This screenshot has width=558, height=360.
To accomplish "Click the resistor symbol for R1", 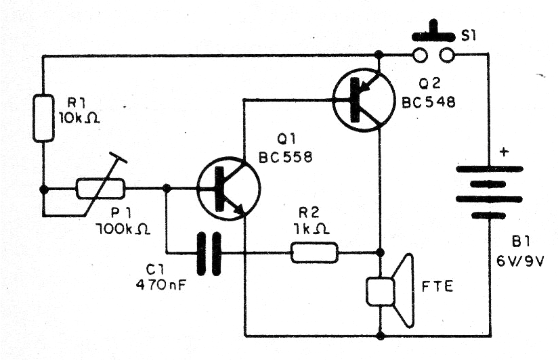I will click(43, 119).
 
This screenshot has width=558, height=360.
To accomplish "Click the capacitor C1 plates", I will click(209, 254).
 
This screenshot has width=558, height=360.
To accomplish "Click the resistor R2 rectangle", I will click(314, 254).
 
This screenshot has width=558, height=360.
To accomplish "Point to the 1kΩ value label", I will click(314, 231).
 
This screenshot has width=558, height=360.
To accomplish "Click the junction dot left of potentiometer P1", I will click(43, 189).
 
